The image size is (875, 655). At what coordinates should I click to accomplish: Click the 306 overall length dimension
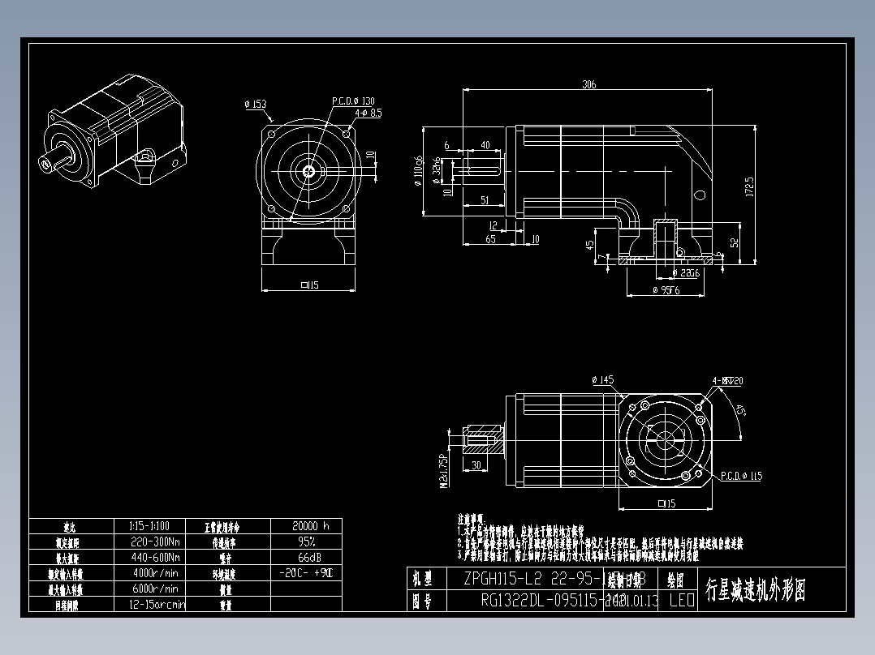coord(588,84)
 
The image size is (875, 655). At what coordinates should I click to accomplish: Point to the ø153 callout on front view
coord(255,105)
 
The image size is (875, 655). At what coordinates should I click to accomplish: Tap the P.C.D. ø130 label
coord(353,101)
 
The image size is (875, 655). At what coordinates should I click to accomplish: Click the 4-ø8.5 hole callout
coord(368,113)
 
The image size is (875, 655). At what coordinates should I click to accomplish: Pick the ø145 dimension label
coord(602,379)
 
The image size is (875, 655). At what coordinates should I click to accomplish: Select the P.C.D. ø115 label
coord(739,476)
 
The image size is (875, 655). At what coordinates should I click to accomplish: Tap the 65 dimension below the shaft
coord(490,239)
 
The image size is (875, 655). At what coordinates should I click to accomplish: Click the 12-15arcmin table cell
coord(157,604)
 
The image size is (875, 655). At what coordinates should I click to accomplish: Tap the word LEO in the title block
coord(681,601)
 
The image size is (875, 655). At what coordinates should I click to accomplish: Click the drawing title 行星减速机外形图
coord(756,590)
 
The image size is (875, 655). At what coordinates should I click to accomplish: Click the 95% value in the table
coord(305,542)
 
